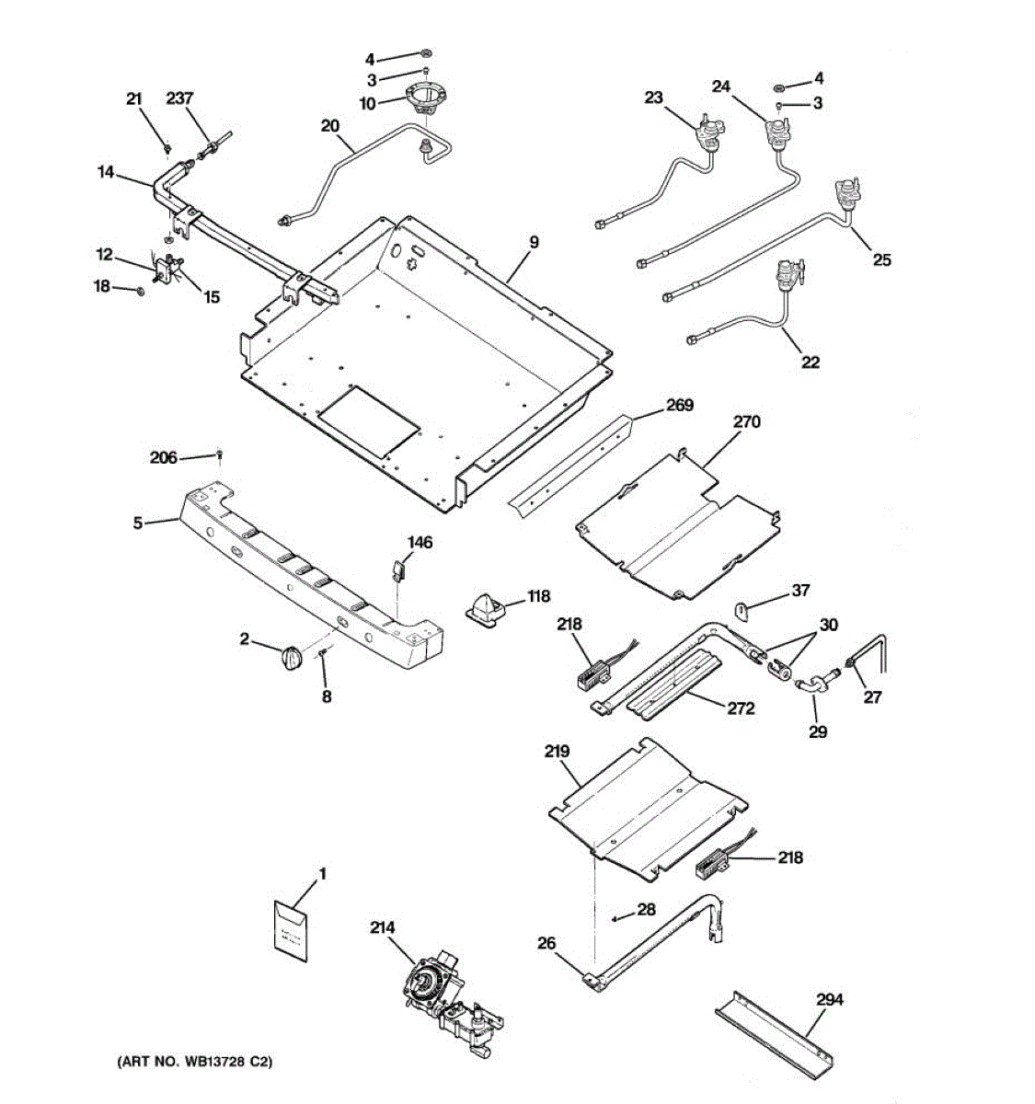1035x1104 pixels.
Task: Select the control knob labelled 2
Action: pos(290,660)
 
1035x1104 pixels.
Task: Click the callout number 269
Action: pos(680,405)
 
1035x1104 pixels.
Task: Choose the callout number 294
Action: pos(829,999)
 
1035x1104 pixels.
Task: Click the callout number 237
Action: pos(180,98)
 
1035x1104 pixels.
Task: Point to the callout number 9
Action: pos(534,242)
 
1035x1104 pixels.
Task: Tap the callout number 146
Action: pos(420,543)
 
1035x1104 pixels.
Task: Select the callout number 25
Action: pos(881,260)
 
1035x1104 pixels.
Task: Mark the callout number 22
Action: pos(810,362)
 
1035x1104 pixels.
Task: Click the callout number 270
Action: pos(747,421)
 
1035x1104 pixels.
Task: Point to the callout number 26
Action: pos(546,943)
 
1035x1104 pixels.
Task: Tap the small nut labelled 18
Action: pos(139,291)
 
